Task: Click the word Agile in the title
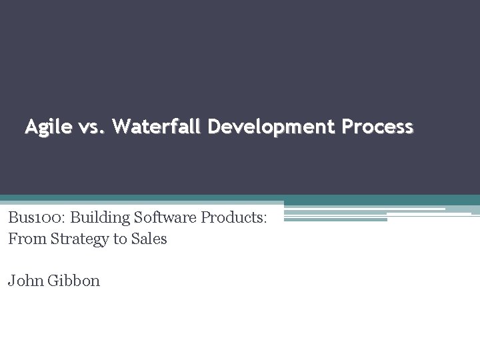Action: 47,127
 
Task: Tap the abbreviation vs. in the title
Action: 91,127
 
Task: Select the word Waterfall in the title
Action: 157,126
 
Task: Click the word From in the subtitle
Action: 24,238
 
